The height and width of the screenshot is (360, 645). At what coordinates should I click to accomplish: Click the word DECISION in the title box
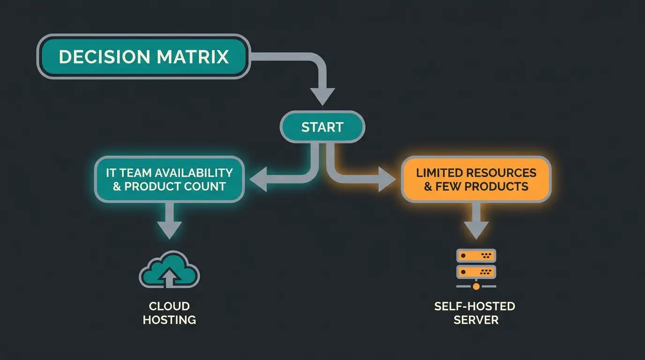tap(104, 57)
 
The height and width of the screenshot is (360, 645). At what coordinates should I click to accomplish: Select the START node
tap(322, 127)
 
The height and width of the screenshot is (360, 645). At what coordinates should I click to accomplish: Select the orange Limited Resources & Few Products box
tap(476, 180)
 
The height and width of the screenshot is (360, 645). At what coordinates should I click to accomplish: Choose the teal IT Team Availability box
tap(169, 180)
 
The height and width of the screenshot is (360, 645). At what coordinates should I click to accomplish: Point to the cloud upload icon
tap(169, 270)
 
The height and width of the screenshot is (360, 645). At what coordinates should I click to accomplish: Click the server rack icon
tap(476, 264)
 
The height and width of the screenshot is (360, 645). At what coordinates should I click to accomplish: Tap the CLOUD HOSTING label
tap(169, 313)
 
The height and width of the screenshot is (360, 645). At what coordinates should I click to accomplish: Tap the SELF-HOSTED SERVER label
tap(475, 313)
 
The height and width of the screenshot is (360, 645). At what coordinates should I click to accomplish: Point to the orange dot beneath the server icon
tap(476, 285)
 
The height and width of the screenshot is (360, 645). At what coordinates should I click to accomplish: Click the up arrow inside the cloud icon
tap(169, 277)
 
